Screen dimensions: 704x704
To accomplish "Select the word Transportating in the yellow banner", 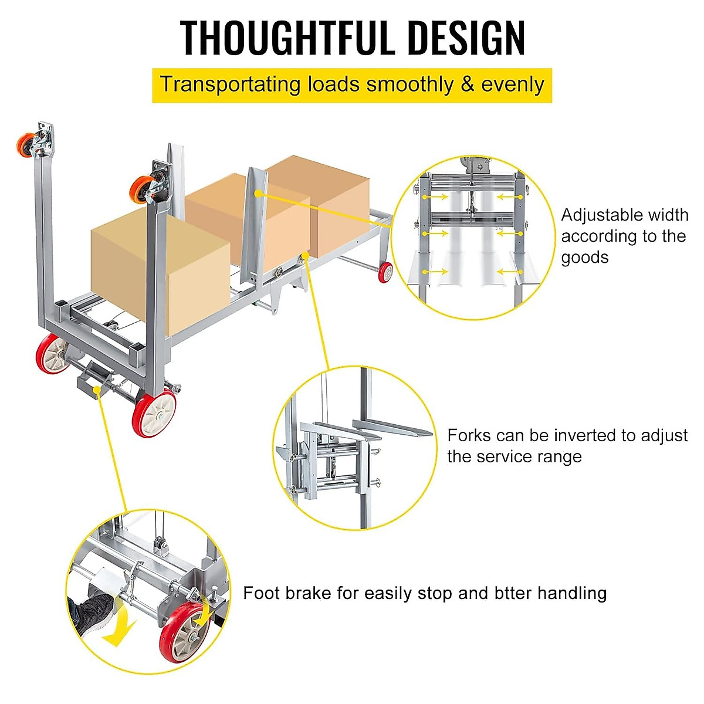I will pos(230,84).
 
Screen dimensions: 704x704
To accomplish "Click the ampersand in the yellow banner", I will pos(467,84).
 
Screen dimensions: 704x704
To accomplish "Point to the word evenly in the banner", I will pos(513,84).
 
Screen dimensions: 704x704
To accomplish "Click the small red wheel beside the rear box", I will pos(385,272).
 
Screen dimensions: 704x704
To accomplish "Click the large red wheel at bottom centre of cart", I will pos(155,414).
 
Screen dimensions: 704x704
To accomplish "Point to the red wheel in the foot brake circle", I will pos(185,631).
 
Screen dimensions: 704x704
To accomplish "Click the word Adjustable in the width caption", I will pos(595,215).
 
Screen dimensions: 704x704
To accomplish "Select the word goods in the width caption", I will pos(584,257).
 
